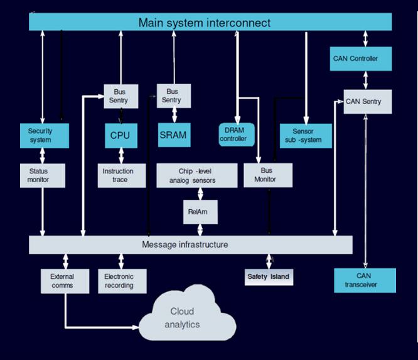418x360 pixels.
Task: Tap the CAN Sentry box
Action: coord(367,101)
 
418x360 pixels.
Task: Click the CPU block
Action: coord(119,135)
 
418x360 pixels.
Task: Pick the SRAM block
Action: coord(173,135)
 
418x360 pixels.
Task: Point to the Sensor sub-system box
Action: coord(307,136)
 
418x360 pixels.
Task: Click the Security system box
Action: coord(40,135)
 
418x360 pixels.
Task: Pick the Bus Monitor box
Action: coord(267,175)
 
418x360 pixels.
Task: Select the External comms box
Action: coord(62,281)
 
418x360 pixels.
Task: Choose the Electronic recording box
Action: coord(124,281)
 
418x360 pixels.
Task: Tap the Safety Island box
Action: coord(269,276)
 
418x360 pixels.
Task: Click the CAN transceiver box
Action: coord(365,280)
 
